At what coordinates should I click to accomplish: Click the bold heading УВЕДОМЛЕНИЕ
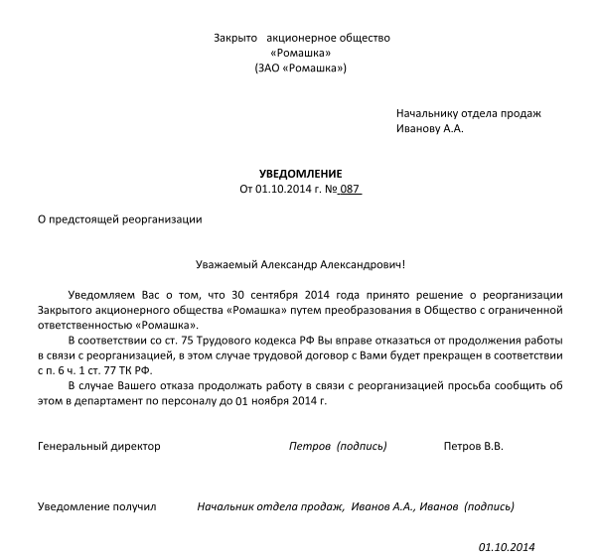pos(299,173)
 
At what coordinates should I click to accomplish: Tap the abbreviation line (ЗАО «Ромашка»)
pos(300,69)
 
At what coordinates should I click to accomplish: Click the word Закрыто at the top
pos(236,38)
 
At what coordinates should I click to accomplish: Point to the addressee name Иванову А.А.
pos(429,128)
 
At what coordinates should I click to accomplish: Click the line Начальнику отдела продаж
pos(468,113)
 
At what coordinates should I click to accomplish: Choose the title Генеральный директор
pos(98,447)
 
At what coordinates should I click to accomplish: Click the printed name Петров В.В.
pos(473,447)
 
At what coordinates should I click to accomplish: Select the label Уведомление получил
pos(97,506)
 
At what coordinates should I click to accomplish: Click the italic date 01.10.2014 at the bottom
pos(507,547)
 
